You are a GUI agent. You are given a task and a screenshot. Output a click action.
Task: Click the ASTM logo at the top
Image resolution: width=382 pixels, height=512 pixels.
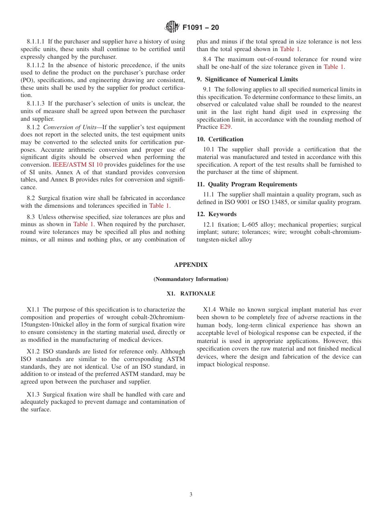[172, 27]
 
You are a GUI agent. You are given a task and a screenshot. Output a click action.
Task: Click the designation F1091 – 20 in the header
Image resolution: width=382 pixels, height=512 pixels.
[201, 28]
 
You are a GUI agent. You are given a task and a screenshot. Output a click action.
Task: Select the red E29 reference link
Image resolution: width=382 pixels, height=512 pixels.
[225, 127]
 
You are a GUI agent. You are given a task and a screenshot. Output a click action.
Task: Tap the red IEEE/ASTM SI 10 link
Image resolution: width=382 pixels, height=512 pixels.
[77, 165]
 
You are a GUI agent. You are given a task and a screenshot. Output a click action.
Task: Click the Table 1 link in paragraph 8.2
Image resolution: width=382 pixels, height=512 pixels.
[159, 206]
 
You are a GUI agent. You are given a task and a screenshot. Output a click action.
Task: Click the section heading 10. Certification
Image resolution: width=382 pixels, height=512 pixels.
[220, 139]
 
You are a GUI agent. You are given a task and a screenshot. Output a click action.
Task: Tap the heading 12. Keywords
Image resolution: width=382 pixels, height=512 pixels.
[217, 214]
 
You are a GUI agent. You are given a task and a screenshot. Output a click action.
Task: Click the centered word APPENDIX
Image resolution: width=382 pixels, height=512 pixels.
[191, 265]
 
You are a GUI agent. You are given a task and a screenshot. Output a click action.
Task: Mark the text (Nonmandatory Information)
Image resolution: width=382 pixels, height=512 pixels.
[191, 279]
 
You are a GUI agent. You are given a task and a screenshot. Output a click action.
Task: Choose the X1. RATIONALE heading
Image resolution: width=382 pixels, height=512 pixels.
[191, 293]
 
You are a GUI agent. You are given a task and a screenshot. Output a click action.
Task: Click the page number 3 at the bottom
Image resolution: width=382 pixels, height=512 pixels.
[191, 495]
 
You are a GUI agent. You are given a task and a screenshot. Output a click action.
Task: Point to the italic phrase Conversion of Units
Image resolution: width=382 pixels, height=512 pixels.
[70, 127]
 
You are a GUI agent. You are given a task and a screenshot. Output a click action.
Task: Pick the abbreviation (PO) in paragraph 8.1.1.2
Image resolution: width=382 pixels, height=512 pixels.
[27, 80]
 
